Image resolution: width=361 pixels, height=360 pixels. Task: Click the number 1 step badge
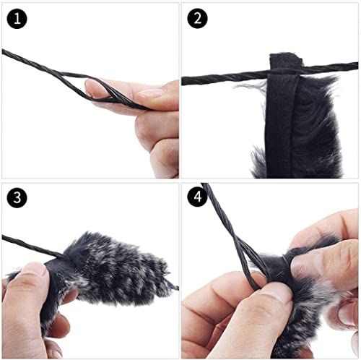[17, 19]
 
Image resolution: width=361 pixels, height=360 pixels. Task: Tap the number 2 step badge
[197, 19]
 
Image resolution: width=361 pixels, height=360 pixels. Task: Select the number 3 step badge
[17, 197]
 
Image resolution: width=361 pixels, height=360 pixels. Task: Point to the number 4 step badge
[197, 197]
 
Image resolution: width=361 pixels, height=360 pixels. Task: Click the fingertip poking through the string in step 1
[92, 87]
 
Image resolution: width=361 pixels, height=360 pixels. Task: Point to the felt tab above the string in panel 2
[286, 61]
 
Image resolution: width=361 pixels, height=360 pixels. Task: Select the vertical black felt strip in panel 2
[279, 125]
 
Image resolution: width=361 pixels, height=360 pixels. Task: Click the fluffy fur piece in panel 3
[113, 269]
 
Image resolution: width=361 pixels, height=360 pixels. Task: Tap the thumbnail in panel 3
[34, 270]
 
